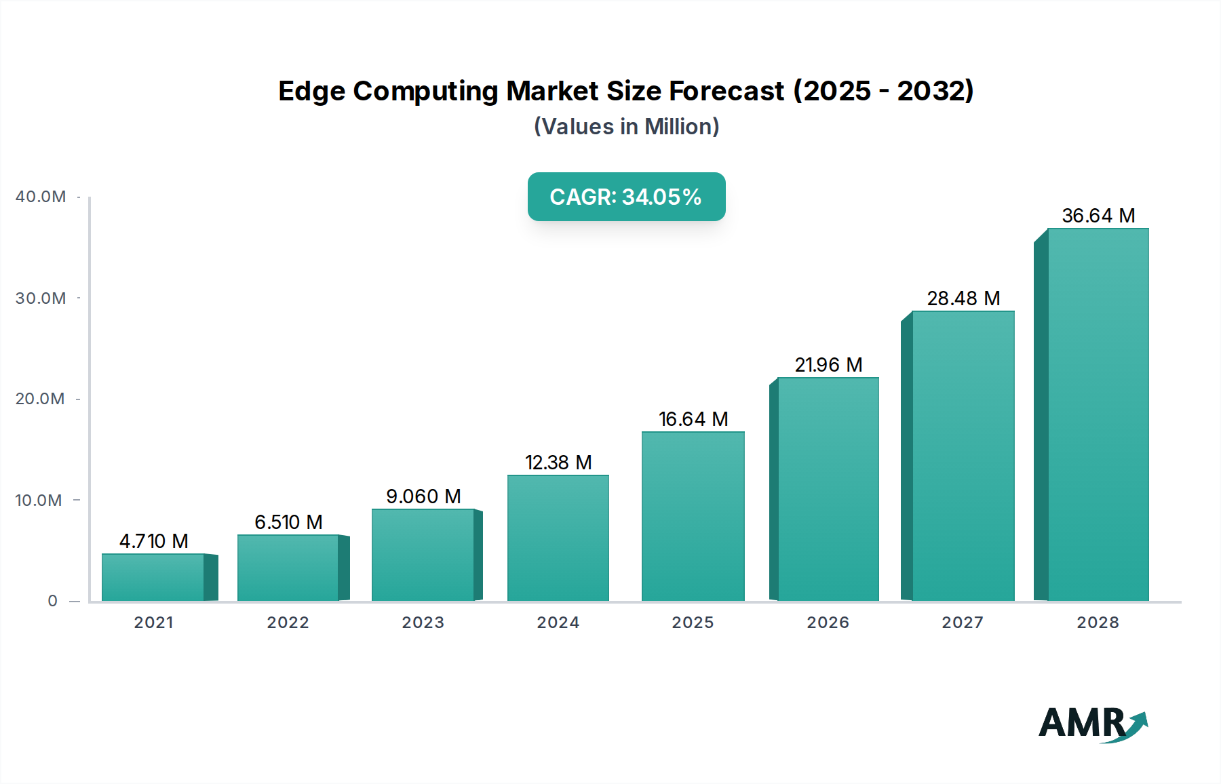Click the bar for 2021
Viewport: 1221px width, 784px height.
click(x=153, y=577)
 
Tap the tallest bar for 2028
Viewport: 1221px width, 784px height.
click(x=1098, y=414)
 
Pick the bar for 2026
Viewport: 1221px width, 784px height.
click(x=828, y=489)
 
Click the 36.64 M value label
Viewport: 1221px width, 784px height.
click(x=1098, y=216)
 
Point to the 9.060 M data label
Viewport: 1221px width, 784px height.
click(x=423, y=496)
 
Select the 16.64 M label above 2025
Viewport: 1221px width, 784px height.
click(x=693, y=419)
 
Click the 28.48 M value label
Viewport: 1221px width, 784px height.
click(x=963, y=298)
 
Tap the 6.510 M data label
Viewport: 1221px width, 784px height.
click(x=288, y=522)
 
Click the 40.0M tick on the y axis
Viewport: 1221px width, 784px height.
click(x=41, y=197)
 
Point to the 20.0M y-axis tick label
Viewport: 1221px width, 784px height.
click(x=41, y=399)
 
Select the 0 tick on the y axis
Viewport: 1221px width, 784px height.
click(x=53, y=601)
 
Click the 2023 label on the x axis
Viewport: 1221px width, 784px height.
click(x=423, y=623)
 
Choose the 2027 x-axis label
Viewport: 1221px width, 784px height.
click(x=963, y=623)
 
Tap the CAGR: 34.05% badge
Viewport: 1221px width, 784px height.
click(x=626, y=197)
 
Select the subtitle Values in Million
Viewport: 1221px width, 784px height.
click(x=626, y=127)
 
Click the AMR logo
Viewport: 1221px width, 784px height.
click(x=1092, y=724)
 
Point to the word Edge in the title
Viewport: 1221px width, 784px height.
click(x=312, y=91)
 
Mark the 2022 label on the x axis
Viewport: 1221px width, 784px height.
click(x=288, y=623)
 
